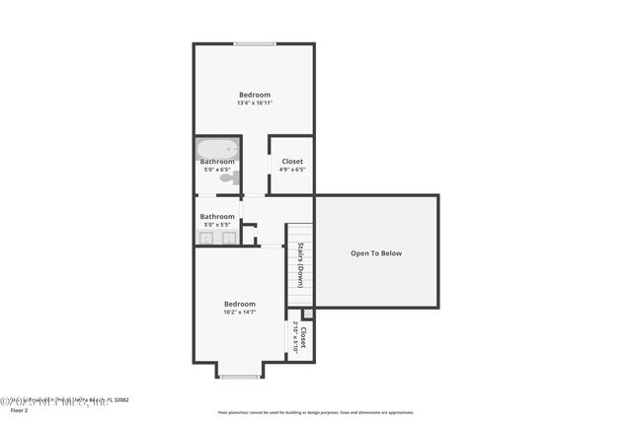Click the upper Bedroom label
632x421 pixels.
(x=254, y=95)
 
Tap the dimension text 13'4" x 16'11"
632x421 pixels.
(x=254, y=103)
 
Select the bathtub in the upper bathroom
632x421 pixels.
(x=216, y=150)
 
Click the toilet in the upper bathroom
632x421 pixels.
(x=228, y=177)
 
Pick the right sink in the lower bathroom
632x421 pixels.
(x=228, y=238)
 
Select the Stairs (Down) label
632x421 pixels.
(x=300, y=264)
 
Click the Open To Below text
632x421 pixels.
(x=376, y=253)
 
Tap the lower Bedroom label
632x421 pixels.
(x=239, y=304)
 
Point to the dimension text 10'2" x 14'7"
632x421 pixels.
(x=239, y=313)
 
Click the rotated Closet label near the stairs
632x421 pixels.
(x=302, y=338)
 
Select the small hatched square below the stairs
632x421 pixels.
(x=307, y=314)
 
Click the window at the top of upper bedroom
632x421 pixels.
(x=255, y=43)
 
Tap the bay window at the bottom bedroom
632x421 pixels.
(x=239, y=377)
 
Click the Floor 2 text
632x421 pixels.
(x=20, y=410)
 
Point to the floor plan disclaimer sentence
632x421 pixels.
(x=315, y=412)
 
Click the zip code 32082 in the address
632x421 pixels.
(x=119, y=400)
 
